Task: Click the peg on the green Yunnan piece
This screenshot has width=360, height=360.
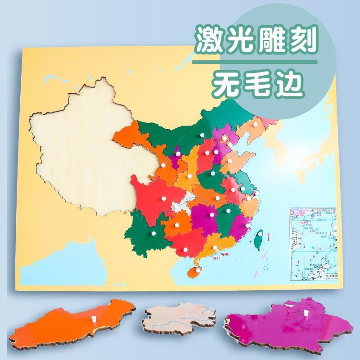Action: click(x=152, y=234)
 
